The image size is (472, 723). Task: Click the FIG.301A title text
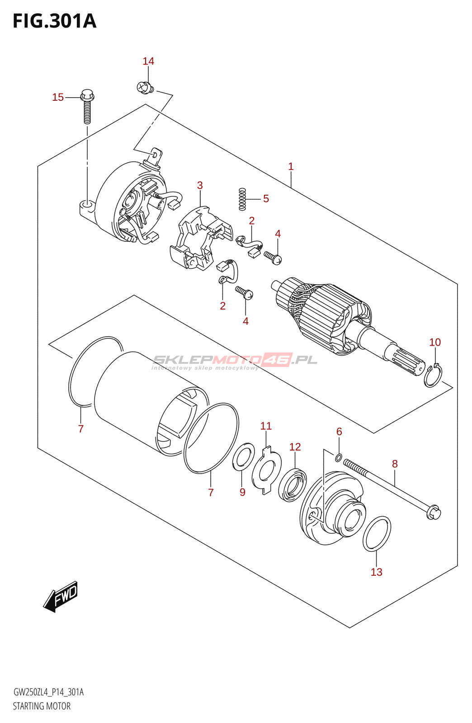point(54,21)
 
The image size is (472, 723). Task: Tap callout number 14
point(148,61)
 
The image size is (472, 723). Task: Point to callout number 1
point(291,167)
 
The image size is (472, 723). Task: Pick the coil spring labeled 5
point(242,199)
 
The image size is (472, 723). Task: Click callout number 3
point(200,185)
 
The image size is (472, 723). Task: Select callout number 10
point(434,343)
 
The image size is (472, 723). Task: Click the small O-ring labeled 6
point(338,458)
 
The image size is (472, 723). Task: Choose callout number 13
point(376,572)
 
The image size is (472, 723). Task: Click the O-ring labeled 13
point(377,534)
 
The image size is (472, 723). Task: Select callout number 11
point(266,426)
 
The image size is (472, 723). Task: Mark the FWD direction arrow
point(61,596)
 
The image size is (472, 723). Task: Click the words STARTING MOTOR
point(42,706)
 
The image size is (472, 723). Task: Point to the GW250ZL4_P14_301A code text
point(48,692)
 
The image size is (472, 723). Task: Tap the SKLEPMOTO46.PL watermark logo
point(235,360)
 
